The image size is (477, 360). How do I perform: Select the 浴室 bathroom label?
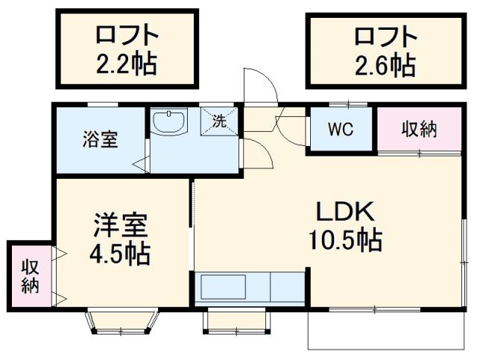(99, 139)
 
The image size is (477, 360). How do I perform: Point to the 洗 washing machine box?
(220, 120)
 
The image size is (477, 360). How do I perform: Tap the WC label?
(341, 128)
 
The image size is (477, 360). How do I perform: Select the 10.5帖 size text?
(344, 241)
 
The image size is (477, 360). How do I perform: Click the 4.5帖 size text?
(120, 253)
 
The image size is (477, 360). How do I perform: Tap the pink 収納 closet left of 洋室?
(30, 275)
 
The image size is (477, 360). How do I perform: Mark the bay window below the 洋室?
(122, 322)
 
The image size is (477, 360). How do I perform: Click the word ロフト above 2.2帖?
(127, 35)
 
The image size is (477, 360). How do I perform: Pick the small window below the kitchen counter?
(235, 320)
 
